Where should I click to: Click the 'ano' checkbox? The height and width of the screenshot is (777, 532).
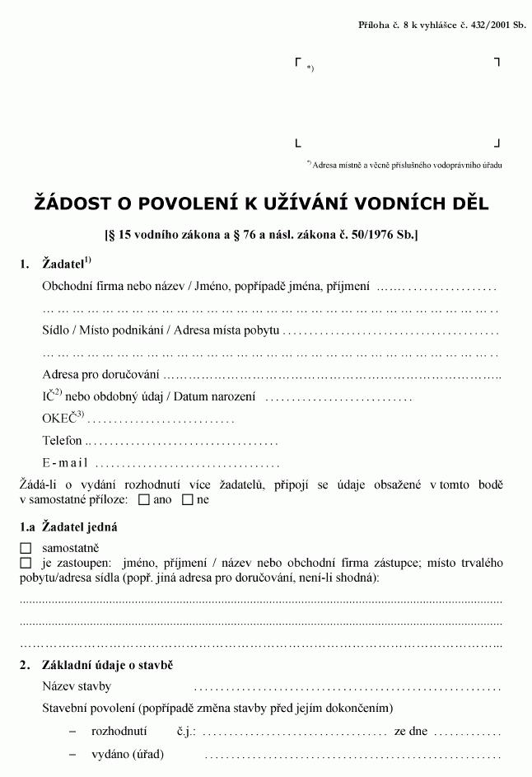tap(144, 499)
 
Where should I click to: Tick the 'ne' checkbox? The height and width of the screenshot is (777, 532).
tap(187, 499)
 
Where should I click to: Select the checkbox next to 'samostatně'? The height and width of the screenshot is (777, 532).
tap(26, 547)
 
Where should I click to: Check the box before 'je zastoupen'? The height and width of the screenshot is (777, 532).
tap(26, 563)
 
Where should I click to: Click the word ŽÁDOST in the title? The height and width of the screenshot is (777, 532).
tap(73, 204)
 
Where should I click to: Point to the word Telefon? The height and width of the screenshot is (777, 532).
tap(63, 441)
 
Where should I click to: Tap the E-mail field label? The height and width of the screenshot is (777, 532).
tap(65, 462)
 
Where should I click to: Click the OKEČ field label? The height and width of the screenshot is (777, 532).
tap(63, 419)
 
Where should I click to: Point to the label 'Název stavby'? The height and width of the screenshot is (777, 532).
tap(77, 686)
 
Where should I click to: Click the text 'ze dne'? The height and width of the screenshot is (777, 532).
tap(411, 731)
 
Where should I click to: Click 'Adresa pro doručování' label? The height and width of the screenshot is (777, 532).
tap(95, 375)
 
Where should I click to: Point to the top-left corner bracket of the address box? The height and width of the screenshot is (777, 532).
tap(297, 62)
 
